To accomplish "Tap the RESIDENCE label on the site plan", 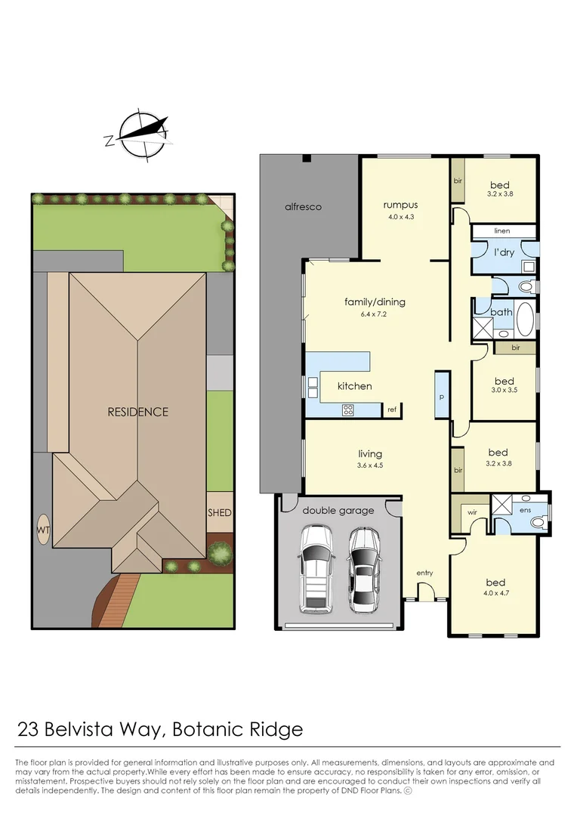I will coord(137,412).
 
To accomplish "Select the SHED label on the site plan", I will coord(220,513).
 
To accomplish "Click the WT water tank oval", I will coord(42,530).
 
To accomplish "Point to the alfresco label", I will coord(304,206).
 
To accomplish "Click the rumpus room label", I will coord(400,205).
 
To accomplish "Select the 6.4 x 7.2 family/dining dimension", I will coord(375,314).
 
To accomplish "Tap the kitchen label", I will coord(354,386).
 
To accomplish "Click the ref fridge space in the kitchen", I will coord(392,410).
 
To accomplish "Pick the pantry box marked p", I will coord(442,394).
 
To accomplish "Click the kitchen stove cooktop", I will coord(349,410).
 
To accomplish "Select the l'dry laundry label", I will coord(504,252).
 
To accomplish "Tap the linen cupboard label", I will coord(503,231).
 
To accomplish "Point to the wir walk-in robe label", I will coord(473,512).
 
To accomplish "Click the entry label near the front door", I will coord(424,573).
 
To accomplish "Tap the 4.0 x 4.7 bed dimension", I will coord(495,594).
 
